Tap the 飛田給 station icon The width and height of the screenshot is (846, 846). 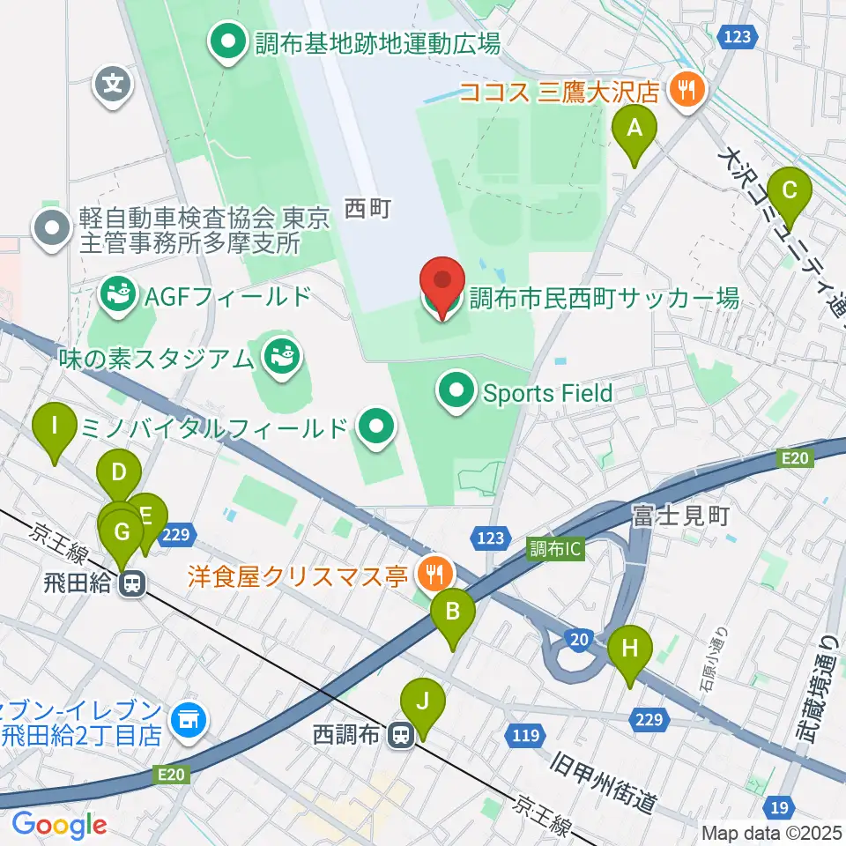(x=133, y=583)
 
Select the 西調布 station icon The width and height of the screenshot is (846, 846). (x=402, y=733)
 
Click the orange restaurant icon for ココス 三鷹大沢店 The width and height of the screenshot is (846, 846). (x=684, y=89)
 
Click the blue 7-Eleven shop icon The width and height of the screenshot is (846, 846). (x=188, y=720)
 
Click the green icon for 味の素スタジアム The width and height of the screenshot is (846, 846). (x=283, y=357)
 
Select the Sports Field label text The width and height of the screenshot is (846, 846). (x=547, y=392)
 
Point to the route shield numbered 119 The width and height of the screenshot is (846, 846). (x=524, y=734)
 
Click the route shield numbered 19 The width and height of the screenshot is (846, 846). (x=778, y=806)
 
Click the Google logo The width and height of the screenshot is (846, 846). (x=59, y=824)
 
